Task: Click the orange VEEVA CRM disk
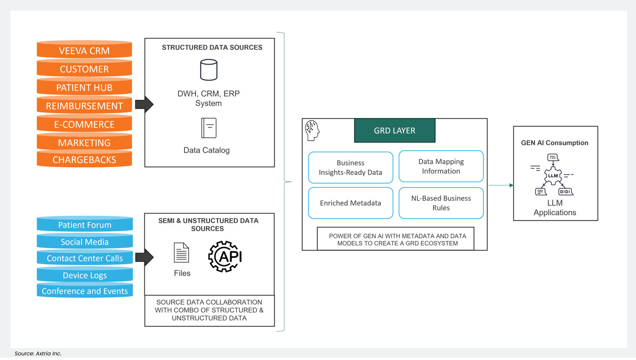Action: (x=84, y=51)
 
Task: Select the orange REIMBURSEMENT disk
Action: (x=84, y=106)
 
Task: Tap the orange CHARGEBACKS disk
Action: (x=84, y=160)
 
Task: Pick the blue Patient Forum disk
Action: (x=85, y=225)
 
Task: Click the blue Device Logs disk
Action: (x=85, y=275)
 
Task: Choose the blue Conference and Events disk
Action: (x=85, y=291)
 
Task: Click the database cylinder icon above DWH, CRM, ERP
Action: (x=209, y=70)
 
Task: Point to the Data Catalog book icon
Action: (x=209, y=128)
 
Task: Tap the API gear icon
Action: (x=225, y=257)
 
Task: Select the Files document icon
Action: (x=181, y=253)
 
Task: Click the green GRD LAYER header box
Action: (x=395, y=130)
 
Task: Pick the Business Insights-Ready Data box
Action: (x=351, y=167)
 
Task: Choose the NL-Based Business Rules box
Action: (x=441, y=203)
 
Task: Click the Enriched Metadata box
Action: (x=351, y=203)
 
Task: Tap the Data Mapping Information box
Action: (x=441, y=166)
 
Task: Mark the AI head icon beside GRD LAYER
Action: (x=312, y=130)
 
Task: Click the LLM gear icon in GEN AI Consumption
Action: (x=553, y=176)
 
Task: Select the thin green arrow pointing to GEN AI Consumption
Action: (x=501, y=185)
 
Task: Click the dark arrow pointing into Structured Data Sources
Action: (x=144, y=105)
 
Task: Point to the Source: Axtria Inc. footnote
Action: (x=38, y=353)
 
